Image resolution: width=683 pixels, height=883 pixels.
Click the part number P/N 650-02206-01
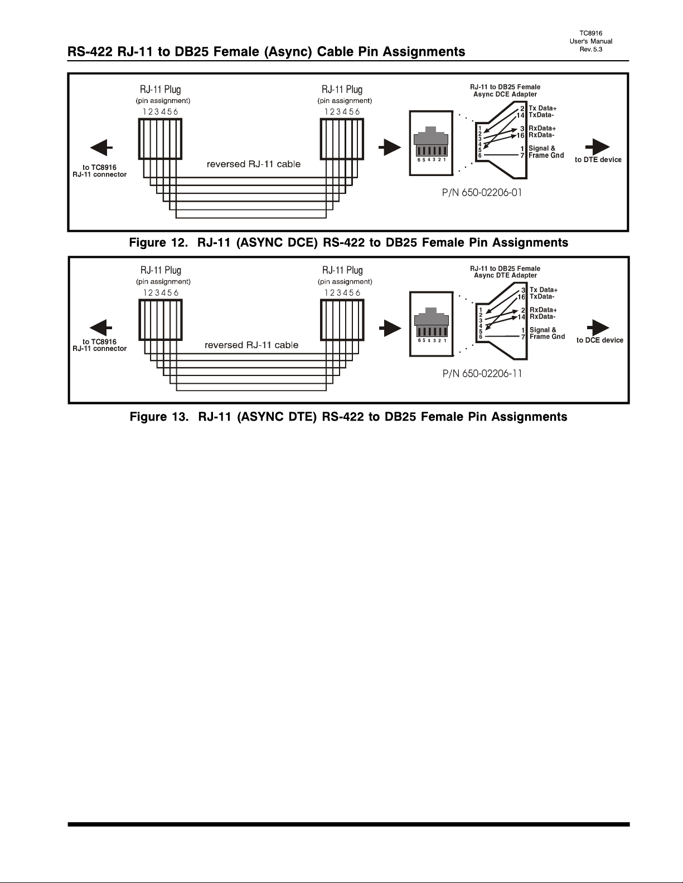(482, 192)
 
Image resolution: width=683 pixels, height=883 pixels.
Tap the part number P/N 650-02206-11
(482, 373)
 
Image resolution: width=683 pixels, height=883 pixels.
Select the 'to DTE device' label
(598, 160)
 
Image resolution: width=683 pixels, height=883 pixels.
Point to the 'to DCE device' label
(600, 340)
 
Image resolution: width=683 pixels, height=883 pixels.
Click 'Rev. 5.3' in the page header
(591, 49)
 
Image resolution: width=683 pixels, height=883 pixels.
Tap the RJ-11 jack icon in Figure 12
(431, 143)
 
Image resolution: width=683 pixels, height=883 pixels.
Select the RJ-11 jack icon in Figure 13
(432, 324)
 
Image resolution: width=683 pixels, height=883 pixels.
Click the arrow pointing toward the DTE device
(598, 147)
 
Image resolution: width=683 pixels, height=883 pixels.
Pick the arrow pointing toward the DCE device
(598, 328)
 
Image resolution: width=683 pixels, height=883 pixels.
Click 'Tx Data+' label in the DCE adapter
(542, 108)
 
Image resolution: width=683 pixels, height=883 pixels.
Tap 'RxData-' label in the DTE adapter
(542, 316)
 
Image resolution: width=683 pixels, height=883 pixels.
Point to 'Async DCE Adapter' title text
(505, 94)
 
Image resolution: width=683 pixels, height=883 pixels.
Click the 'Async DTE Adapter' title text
(505, 275)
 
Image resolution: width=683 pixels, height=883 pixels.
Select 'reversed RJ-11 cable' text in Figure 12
(254, 164)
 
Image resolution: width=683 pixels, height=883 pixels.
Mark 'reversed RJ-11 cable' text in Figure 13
(251, 345)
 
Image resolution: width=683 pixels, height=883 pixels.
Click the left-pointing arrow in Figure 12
(101, 148)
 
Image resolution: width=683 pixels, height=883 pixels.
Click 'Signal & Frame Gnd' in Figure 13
(547, 333)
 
